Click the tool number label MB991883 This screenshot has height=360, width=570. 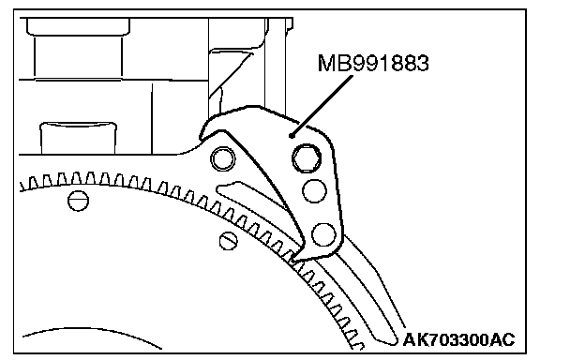(373, 63)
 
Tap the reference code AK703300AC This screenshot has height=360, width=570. (458, 340)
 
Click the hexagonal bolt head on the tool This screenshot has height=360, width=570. (307, 158)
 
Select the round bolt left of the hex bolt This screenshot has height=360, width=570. (223, 159)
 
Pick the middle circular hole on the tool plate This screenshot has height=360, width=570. (314, 191)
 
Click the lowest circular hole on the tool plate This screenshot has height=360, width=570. (323, 234)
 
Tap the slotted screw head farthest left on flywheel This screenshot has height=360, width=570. (78, 201)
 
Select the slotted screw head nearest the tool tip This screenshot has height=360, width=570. (229, 241)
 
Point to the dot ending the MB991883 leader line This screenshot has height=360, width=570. (291, 136)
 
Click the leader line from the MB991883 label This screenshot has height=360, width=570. (322, 106)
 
